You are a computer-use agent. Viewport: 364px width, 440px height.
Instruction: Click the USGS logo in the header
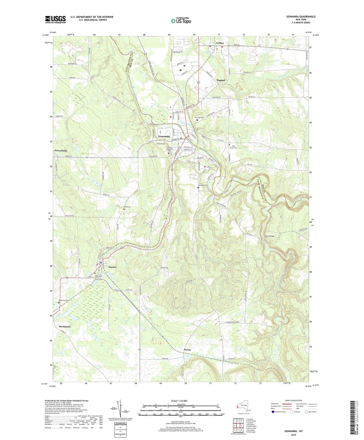(x=55, y=19)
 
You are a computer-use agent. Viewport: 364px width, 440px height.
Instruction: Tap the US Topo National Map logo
(x=181, y=20)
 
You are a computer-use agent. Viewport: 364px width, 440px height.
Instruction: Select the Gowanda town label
(x=164, y=136)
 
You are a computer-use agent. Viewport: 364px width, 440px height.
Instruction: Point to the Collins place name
(x=220, y=43)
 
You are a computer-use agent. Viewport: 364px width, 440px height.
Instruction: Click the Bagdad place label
(x=221, y=80)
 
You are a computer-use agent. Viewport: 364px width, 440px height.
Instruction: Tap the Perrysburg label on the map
(x=60, y=150)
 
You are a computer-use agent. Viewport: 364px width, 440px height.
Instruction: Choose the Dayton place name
(x=112, y=267)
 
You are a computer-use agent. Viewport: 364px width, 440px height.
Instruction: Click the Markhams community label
(x=65, y=326)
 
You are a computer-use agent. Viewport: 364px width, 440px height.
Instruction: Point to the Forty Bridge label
(x=269, y=236)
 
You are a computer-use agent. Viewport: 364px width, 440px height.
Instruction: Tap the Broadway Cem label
(x=203, y=185)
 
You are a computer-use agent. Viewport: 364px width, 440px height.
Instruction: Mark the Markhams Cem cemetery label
(x=64, y=300)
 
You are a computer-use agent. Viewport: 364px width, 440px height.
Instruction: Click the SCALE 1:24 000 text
(x=179, y=401)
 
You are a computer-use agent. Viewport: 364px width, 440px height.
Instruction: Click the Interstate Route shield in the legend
(x=273, y=412)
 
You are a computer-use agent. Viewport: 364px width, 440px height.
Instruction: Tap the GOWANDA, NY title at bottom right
(x=293, y=431)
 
